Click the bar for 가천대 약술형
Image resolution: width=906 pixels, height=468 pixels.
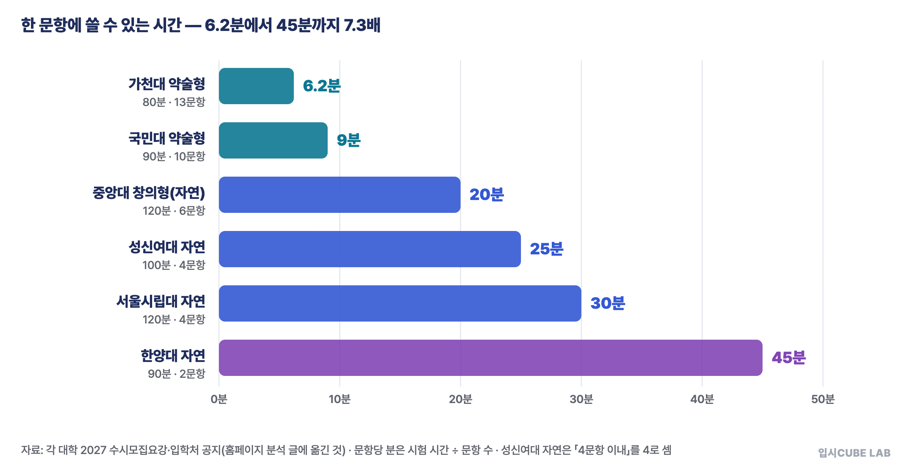[256, 86]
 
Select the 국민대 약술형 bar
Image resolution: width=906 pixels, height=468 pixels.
[273, 140]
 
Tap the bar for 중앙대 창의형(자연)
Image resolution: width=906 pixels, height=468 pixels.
[340, 195]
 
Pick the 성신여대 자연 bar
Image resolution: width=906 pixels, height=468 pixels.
[370, 249]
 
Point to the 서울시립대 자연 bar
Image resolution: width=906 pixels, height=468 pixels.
[400, 303]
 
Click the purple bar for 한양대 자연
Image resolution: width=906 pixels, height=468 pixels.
[491, 358]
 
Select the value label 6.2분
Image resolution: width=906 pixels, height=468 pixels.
[322, 86]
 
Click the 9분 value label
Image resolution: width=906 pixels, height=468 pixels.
[349, 140]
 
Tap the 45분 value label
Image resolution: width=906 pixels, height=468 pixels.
[789, 358]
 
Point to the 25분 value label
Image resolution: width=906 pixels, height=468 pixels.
[547, 249]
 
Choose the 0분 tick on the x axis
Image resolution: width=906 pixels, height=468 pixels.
[219, 399]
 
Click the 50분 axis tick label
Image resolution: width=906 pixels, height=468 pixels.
[823, 399]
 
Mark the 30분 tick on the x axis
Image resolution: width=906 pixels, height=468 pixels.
[581, 399]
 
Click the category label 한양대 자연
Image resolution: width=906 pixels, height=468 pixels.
[173, 356]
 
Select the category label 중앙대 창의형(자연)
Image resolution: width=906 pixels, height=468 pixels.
[149, 193]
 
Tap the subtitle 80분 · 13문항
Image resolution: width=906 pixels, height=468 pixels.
[174, 102]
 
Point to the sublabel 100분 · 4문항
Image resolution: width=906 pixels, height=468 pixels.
[174, 265]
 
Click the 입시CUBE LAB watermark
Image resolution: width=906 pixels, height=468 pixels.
[854, 453]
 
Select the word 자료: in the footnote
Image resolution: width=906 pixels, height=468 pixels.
[32, 450]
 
